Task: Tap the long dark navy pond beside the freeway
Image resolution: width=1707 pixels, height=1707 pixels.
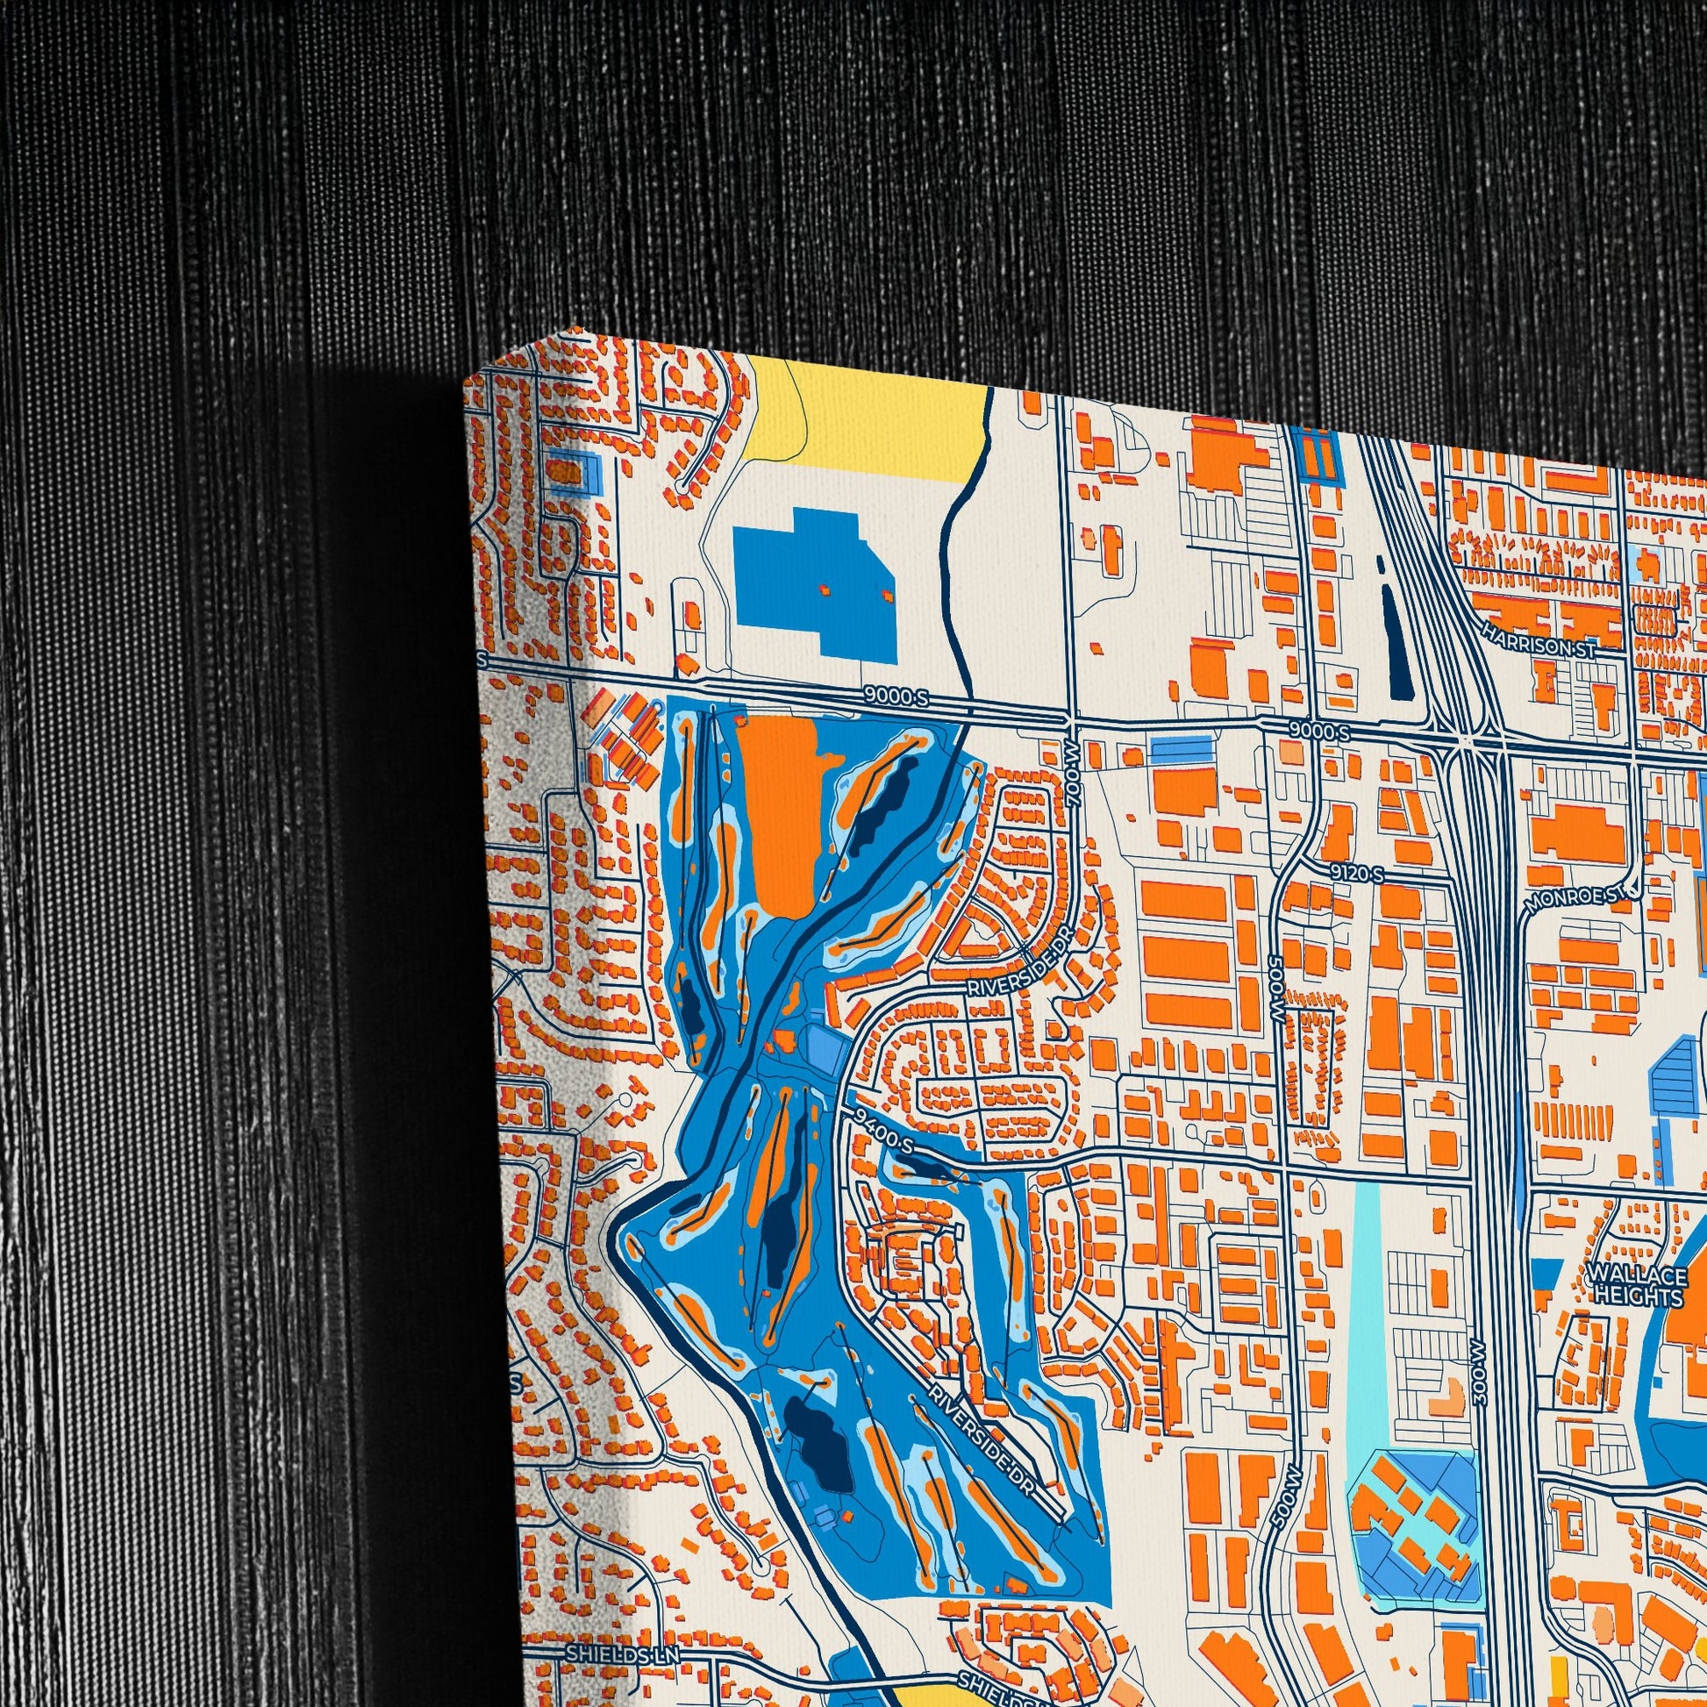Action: click(1391, 636)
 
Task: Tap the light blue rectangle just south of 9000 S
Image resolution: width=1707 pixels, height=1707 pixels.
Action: click(1181, 753)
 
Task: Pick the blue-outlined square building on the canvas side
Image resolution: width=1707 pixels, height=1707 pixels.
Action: click(571, 471)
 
